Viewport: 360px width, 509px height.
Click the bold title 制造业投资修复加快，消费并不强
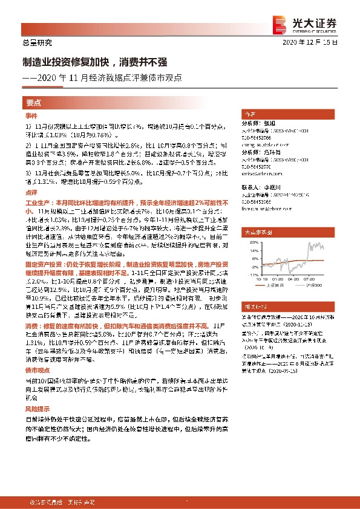pyautogui.click(x=91, y=62)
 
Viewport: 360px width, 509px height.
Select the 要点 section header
pyautogui.click(x=34, y=102)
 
